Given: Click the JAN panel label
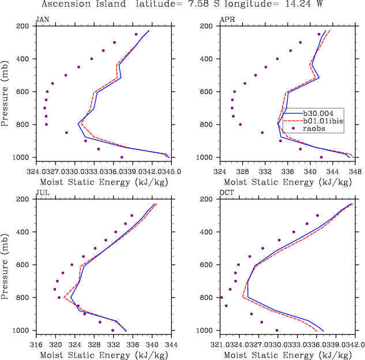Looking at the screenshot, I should (x=42, y=20).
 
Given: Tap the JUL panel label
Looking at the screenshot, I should (x=42, y=193).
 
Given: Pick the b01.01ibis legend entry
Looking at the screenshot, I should (x=321, y=121).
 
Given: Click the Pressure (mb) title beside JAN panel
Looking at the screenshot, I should (x=5, y=92).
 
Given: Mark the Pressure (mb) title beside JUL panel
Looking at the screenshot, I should (x=5, y=265).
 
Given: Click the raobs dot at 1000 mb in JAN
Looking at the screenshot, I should (x=122, y=157).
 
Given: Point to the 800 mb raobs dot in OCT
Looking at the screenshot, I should (x=221, y=298).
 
